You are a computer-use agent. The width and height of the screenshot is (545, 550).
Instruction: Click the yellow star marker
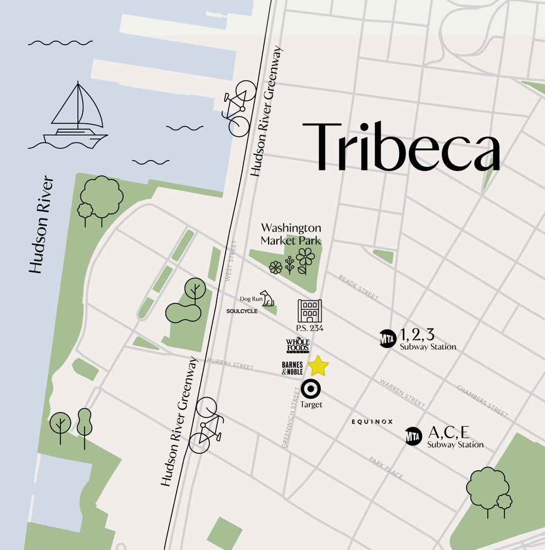point(318,366)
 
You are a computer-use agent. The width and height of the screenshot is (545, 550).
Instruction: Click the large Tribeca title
point(401,146)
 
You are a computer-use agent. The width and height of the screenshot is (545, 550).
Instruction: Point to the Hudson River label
point(43,225)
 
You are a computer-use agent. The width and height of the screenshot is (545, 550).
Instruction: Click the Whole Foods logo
point(298,346)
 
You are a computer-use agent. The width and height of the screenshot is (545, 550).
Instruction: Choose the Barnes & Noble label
point(292,369)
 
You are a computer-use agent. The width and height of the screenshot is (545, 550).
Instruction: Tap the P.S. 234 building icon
point(309,311)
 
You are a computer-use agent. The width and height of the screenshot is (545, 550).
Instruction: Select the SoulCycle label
point(242,311)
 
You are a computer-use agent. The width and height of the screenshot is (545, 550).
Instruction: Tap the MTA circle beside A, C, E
point(413,436)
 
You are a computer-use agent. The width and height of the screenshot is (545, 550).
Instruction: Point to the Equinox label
point(372,422)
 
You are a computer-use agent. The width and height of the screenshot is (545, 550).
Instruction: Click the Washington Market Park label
point(291,234)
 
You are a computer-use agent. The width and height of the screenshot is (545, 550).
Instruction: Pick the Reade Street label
point(359,288)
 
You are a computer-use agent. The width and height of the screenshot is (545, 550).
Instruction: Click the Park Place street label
point(386,468)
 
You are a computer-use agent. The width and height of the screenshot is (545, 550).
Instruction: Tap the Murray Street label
point(230,364)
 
